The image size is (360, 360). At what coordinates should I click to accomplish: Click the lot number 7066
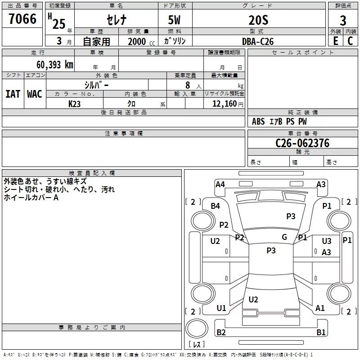click(x=22, y=19)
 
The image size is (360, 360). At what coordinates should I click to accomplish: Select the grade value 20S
click(x=258, y=20)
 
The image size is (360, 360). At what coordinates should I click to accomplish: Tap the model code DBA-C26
click(x=258, y=41)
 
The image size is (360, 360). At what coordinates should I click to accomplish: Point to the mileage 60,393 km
click(x=55, y=65)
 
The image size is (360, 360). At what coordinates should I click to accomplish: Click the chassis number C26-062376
click(x=302, y=143)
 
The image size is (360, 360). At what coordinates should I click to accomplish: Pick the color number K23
click(x=74, y=104)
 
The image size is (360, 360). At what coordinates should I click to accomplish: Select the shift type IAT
click(x=13, y=94)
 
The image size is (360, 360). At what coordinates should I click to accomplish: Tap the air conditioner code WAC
click(x=35, y=94)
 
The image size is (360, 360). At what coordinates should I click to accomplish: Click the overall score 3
click(x=343, y=21)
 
